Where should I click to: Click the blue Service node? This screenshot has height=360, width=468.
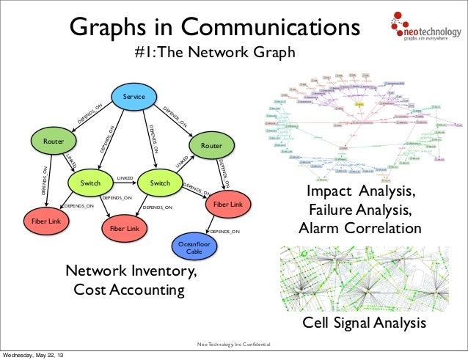[x=133, y=98]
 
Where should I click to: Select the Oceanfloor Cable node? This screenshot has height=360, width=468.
[x=194, y=247]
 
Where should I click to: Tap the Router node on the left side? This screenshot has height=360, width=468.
[x=51, y=139]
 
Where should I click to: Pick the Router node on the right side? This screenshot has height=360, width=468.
[x=211, y=147]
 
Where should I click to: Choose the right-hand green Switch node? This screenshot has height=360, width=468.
[x=159, y=183]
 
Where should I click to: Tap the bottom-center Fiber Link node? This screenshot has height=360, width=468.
[x=124, y=229]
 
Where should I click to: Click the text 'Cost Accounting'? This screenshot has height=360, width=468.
[x=129, y=290]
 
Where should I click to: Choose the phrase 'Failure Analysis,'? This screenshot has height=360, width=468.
[x=359, y=211]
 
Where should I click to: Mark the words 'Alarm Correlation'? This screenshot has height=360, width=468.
[x=359, y=229]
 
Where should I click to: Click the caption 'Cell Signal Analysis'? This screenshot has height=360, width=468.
[x=365, y=324]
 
